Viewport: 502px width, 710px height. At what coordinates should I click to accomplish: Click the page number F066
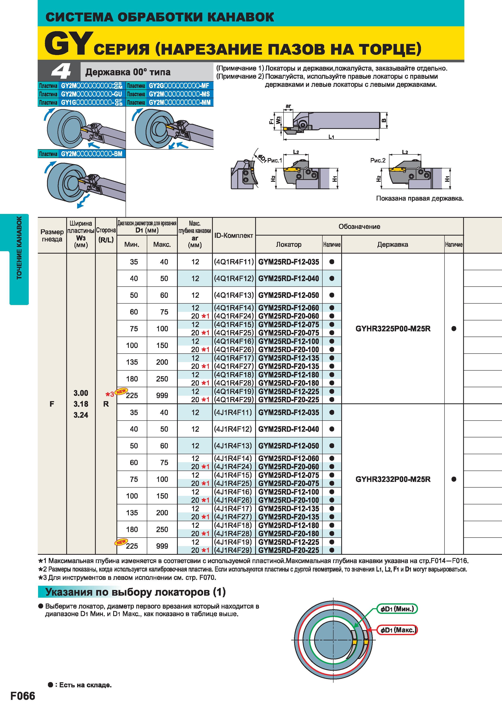[23, 696]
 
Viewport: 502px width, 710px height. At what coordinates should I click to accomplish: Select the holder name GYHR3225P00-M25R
[393, 329]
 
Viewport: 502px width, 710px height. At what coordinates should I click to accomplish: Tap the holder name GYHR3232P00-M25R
[393, 479]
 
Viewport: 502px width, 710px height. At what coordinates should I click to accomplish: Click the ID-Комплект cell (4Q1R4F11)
[234, 262]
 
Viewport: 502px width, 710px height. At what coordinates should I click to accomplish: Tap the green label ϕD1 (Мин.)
[397, 609]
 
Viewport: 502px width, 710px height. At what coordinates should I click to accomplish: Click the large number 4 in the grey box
[61, 72]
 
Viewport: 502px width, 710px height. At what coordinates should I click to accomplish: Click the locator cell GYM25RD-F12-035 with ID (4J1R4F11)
[288, 412]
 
